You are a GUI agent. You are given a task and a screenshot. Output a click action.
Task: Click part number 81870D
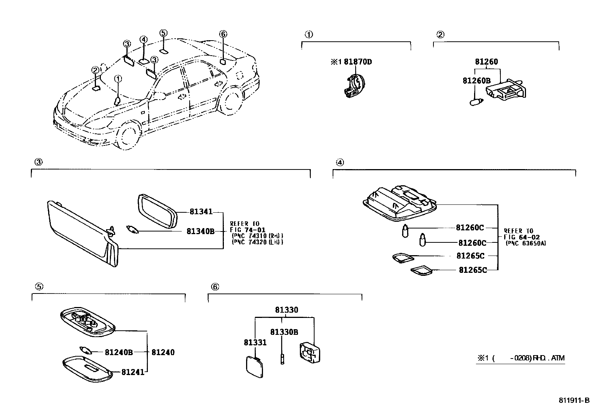pos(357,62)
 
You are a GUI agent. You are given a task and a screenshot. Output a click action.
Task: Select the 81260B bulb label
pos(476,81)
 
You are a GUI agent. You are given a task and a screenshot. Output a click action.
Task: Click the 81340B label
pos(200,231)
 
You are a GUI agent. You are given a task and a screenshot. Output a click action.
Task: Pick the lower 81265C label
pos(473,270)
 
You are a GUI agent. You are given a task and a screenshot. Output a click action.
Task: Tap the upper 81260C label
pos(470,227)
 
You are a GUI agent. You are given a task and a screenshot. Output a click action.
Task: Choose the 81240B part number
pos(119,352)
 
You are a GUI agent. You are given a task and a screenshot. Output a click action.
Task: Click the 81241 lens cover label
pos(132,372)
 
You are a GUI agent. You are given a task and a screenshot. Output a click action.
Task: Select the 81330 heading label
pos(286,310)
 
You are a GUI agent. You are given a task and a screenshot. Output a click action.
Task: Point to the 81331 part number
pos(255,342)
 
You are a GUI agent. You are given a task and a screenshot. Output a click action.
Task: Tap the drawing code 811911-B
pos(573,401)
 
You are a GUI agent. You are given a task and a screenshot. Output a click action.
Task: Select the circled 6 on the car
pos(223,34)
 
